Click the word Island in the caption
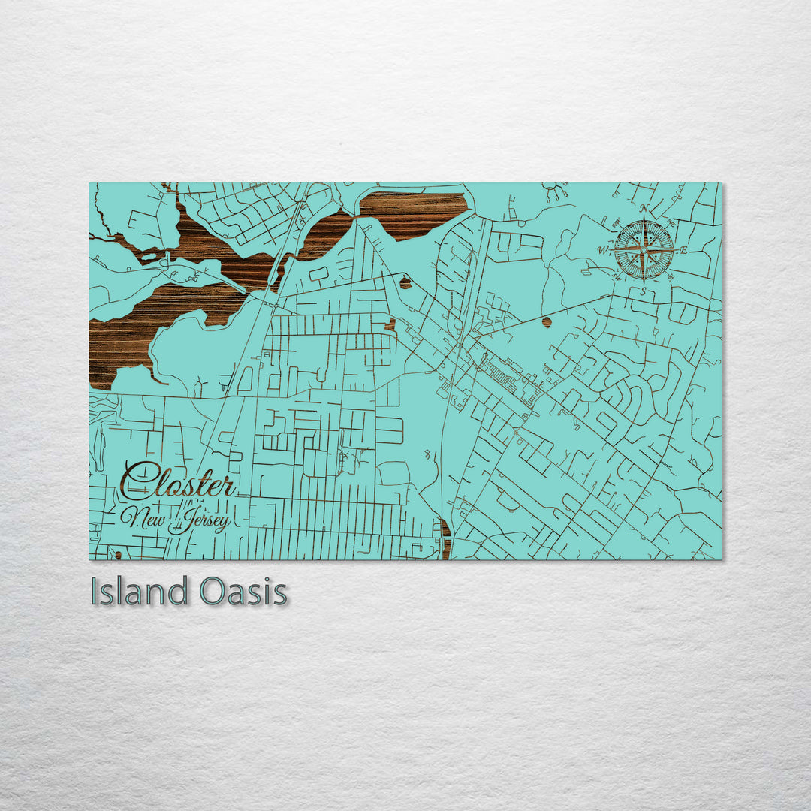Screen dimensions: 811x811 pyautogui.click(x=138, y=592)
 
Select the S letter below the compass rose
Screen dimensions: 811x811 pyautogui.click(x=644, y=291)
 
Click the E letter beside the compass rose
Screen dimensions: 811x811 pyautogui.click(x=683, y=249)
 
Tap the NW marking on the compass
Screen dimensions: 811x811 pyautogui.click(x=617, y=223)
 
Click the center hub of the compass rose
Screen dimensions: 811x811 pyautogui.click(x=644, y=250)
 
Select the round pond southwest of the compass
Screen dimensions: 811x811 pyautogui.click(x=547, y=322)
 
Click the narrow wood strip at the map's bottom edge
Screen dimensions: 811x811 pyautogui.click(x=446, y=539)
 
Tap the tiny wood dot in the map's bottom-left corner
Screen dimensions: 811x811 pyautogui.click(x=118, y=556)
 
